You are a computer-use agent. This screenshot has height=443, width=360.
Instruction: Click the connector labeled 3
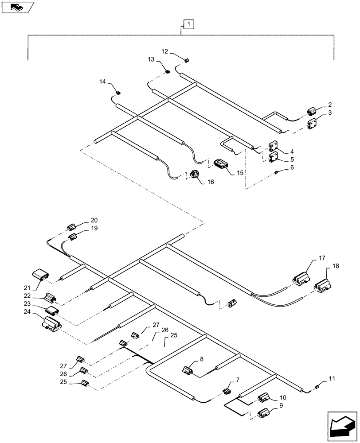tap(313, 124)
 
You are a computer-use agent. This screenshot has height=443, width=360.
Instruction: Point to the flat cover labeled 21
tap(41, 275)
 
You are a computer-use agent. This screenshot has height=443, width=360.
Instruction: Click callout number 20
tap(94, 220)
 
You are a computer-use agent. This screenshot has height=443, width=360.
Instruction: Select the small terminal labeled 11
tap(317, 387)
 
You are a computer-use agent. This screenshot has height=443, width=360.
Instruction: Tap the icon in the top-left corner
tap(17, 7)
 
